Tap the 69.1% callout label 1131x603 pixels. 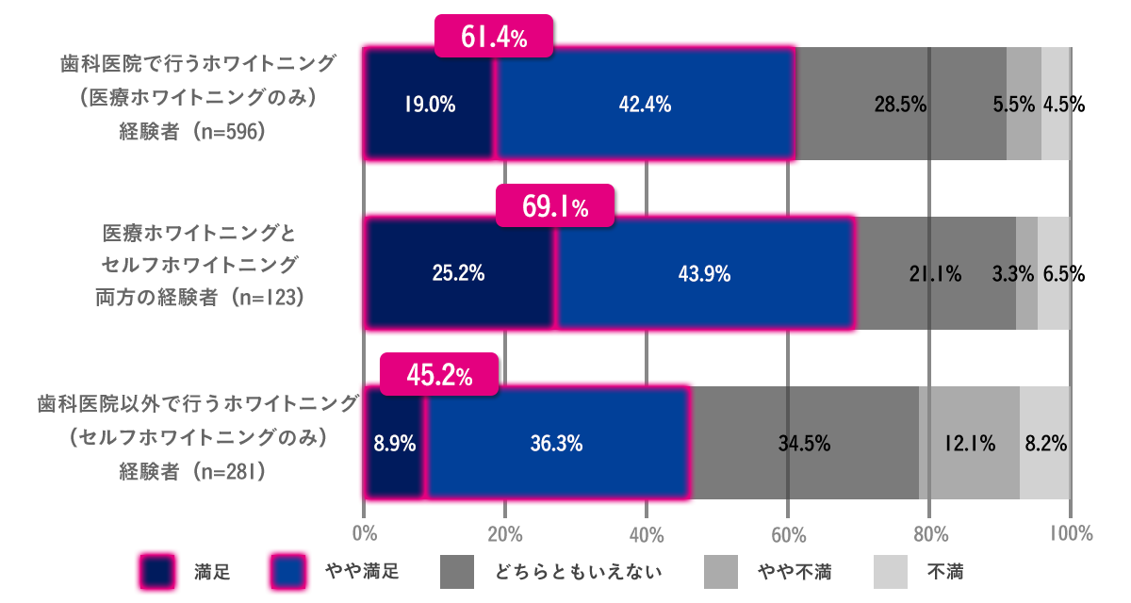[555, 207]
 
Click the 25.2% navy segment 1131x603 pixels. [458, 274]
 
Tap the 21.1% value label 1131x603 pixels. [935, 274]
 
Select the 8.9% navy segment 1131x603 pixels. [395, 443]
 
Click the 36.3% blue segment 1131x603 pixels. [557, 443]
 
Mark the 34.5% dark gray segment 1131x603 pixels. [806, 443]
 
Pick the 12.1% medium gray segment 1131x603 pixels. [969, 443]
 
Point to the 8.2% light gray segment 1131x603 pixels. [1046, 443]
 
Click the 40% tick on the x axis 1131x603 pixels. [647, 534]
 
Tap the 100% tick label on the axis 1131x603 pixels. [1070, 534]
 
